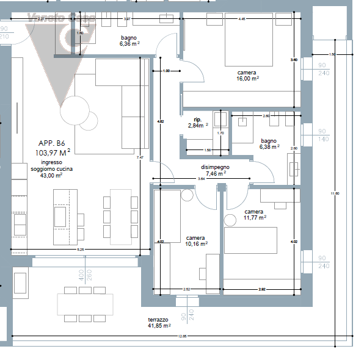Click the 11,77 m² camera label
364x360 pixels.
tap(254, 214)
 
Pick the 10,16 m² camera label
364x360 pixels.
tap(195, 240)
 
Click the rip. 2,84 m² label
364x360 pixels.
tap(197, 123)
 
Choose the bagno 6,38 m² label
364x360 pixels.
tap(269, 143)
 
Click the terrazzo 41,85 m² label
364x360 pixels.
tap(158, 323)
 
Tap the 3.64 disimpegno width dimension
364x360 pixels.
tap(202, 179)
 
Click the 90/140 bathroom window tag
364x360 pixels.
tap(323, 135)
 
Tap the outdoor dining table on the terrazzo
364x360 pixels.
tap(85, 303)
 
